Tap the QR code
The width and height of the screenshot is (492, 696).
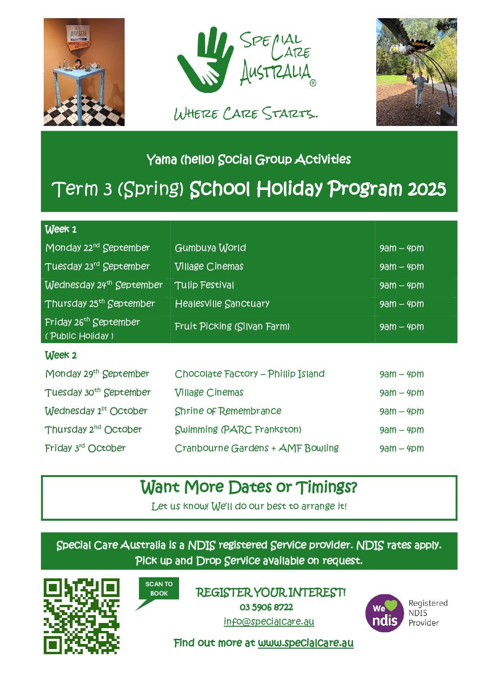click(81, 616)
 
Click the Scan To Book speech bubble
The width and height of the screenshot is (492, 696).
click(159, 589)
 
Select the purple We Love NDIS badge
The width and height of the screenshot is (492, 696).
click(384, 613)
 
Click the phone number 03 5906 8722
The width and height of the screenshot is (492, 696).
click(266, 607)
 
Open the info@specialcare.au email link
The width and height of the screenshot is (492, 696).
click(269, 622)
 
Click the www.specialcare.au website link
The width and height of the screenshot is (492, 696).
click(306, 643)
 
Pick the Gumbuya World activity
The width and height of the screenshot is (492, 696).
click(210, 248)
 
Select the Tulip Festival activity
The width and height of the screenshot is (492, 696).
click(204, 285)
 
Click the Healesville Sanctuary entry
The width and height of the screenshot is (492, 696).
click(222, 304)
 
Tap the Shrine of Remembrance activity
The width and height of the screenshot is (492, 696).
click(228, 411)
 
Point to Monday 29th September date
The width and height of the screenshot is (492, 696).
click(97, 374)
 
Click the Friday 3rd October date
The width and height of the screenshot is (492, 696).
click(85, 448)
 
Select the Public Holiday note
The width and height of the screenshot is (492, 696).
click(80, 336)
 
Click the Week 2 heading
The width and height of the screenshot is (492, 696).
click(61, 355)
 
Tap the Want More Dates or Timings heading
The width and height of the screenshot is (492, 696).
click(249, 487)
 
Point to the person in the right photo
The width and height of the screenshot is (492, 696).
click(420, 88)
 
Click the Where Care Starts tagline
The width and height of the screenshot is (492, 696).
click(246, 113)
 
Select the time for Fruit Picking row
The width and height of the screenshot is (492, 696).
click(401, 327)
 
